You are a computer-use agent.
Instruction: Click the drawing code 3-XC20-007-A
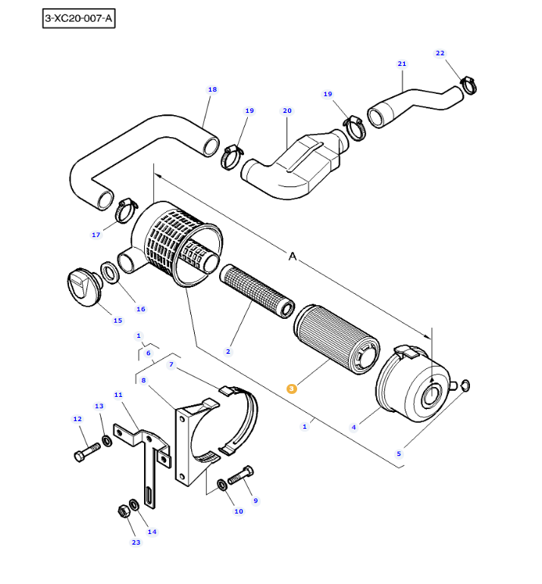[x=79, y=19]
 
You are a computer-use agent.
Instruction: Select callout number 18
[x=212, y=89]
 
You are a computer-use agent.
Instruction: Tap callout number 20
[x=287, y=111]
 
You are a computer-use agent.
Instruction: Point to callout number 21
[x=402, y=64]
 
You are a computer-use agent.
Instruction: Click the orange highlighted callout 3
[x=293, y=389]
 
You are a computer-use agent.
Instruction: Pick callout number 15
[x=117, y=320]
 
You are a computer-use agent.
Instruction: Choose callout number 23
[x=136, y=542]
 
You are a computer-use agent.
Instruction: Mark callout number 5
[x=399, y=454]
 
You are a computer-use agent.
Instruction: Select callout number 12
[x=77, y=419]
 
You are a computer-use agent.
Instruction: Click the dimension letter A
[x=293, y=257]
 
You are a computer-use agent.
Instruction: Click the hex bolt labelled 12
[x=85, y=452]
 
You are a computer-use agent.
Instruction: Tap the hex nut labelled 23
[x=124, y=511]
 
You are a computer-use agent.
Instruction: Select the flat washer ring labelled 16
[x=108, y=270]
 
